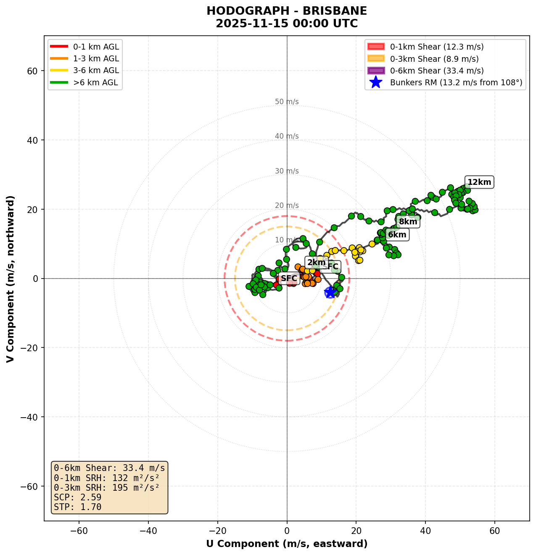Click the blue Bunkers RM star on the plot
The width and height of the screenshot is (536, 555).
tap(330, 292)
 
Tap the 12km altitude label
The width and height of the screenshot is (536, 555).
tap(479, 182)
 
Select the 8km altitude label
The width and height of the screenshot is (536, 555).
tap(408, 222)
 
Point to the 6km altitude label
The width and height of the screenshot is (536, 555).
tap(397, 235)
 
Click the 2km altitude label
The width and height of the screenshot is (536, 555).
tap(316, 263)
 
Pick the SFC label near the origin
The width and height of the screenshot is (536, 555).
tap(289, 279)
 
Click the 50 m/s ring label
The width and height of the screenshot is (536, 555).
tap(287, 102)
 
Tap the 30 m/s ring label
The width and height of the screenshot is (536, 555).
tap(287, 171)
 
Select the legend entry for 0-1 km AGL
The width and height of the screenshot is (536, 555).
tap(96, 47)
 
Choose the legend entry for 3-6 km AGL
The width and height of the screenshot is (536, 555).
tap(96, 71)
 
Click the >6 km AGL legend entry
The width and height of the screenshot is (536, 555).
tap(96, 83)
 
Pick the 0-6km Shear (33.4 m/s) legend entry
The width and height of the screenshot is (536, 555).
tap(437, 71)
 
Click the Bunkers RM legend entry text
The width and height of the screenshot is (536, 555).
tap(456, 83)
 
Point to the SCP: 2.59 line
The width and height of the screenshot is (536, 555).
tap(78, 497)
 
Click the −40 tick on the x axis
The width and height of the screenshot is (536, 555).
tap(148, 531)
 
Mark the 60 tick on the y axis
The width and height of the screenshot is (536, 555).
tap(33, 71)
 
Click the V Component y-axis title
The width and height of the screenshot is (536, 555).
tap(11, 278)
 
